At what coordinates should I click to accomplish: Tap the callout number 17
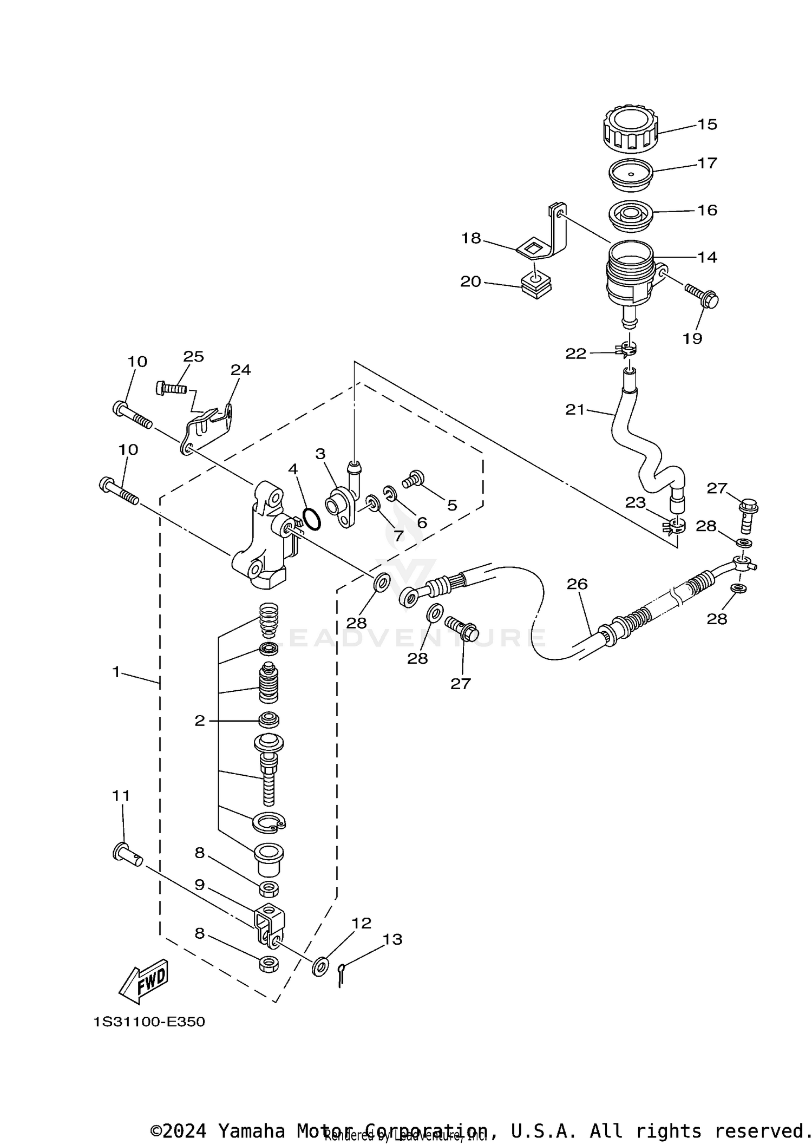pyautogui.click(x=707, y=163)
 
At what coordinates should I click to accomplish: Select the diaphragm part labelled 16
pyautogui.click(x=631, y=215)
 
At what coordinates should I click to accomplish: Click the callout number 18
pyautogui.click(x=471, y=238)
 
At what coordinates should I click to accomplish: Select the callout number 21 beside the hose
pyautogui.click(x=575, y=410)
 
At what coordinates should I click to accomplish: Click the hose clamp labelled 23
pyautogui.click(x=674, y=527)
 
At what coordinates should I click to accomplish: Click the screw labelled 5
pyautogui.click(x=414, y=479)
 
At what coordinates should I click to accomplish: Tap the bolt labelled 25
pyautogui.click(x=171, y=388)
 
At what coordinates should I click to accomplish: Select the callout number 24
pyautogui.click(x=241, y=370)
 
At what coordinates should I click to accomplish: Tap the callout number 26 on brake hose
pyautogui.click(x=577, y=584)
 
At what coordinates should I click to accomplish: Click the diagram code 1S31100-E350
pyautogui.click(x=149, y=1022)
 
